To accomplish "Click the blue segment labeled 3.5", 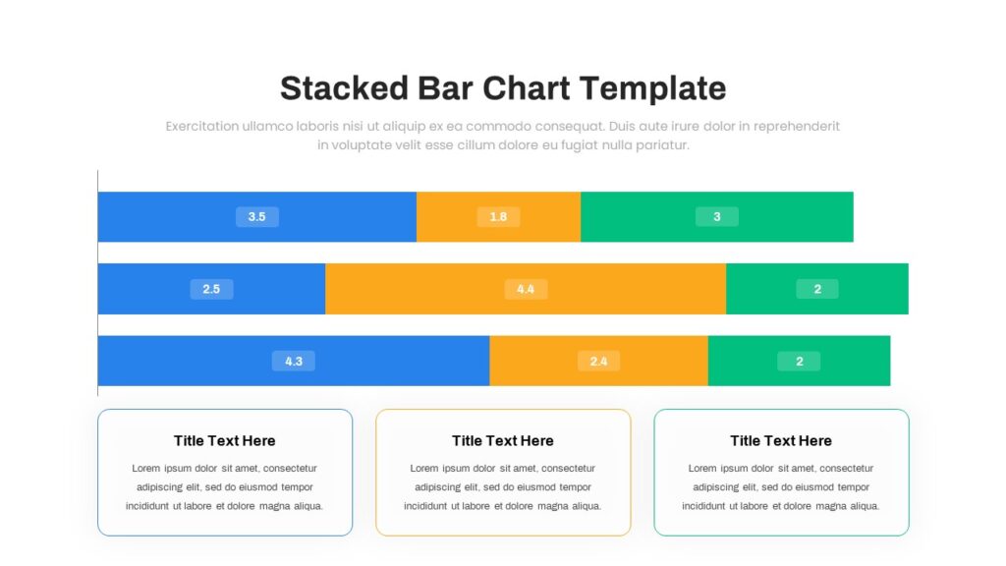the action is [x=257, y=217].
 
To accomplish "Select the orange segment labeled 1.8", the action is [x=498, y=217].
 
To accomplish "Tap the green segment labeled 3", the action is [x=716, y=217].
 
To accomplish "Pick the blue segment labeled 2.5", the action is [x=212, y=289].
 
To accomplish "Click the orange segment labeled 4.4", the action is [x=526, y=289].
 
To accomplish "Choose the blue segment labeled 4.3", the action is [x=294, y=361].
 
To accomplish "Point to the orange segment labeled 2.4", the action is [x=598, y=361].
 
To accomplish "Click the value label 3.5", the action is [x=257, y=217].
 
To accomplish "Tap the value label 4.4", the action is [x=526, y=289].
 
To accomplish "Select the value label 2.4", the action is [x=598, y=362].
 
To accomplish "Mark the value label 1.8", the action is [x=498, y=217].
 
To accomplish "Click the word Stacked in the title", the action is [x=344, y=87].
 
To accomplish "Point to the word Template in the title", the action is [x=653, y=89].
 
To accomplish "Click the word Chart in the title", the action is [x=527, y=87].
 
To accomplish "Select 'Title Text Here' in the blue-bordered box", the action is [x=225, y=441].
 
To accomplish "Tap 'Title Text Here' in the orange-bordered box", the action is [x=502, y=441].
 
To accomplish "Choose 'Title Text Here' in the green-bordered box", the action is [x=781, y=441].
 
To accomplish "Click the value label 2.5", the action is [x=212, y=289].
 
